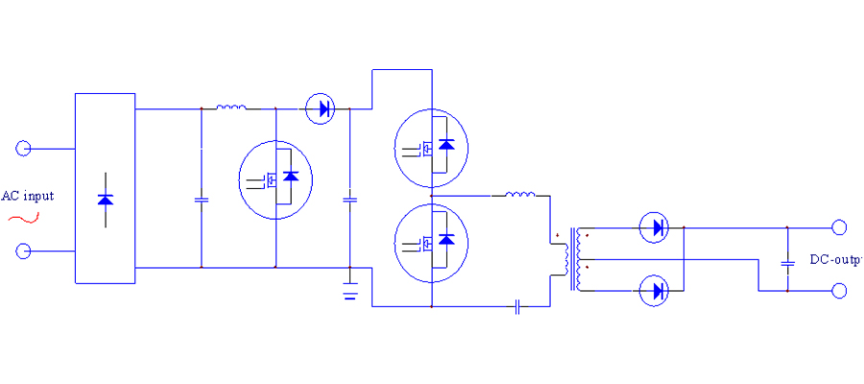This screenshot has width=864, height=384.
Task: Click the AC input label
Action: (x=27, y=196)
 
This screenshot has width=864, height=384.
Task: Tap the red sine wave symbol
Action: (x=24, y=218)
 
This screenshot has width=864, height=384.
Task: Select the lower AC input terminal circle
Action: (x=24, y=252)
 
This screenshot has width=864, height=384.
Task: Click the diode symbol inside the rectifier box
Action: (x=106, y=200)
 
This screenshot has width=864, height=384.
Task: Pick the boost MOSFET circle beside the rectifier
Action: (x=276, y=179)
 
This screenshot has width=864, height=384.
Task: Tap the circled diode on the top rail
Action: (x=321, y=108)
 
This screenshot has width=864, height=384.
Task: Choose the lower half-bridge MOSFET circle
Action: (x=432, y=244)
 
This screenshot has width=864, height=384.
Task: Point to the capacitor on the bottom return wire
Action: (x=518, y=307)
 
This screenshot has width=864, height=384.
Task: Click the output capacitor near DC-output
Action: (x=787, y=261)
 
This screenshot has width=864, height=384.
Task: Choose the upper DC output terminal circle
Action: (x=839, y=228)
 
